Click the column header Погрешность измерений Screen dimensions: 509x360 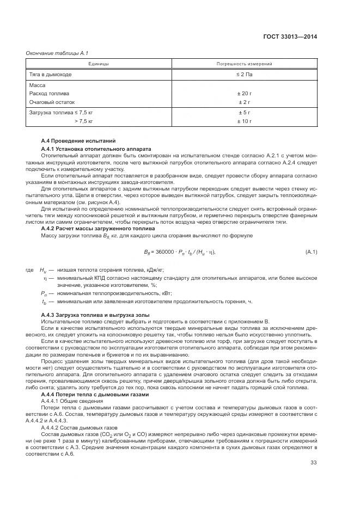coord(244,64)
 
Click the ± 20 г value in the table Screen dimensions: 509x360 coord(244,94)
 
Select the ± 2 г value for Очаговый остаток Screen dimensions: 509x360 coord(244,102)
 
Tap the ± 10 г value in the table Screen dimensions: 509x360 coord(244,121)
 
